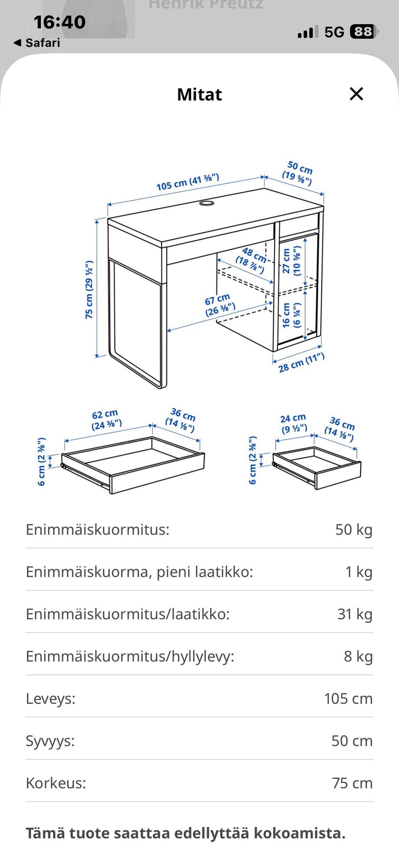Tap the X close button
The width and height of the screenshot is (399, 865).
click(x=357, y=94)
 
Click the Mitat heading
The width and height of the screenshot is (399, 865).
click(x=199, y=94)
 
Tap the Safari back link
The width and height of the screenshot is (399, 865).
click(x=37, y=43)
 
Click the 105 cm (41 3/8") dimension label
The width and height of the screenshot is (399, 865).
click(x=187, y=182)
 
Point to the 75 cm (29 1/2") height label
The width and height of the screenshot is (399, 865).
click(x=89, y=290)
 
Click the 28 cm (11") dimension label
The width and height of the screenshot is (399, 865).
click(x=301, y=362)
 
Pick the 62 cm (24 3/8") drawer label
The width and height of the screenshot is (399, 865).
click(x=106, y=420)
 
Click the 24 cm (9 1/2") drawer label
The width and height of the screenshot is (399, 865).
click(x=293, y=424)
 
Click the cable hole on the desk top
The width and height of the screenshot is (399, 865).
click(x=207, y=203)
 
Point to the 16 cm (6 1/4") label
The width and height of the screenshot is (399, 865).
click(x=292, y=315)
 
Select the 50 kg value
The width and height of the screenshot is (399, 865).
click(x=354, y=530)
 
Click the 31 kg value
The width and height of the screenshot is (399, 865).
click(x=355, y=614)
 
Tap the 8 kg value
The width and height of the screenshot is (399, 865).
click(x=358, y=656)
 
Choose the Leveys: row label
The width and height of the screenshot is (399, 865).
click(x=51, y=699)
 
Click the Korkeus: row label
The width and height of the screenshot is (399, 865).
click(x=56, y=783)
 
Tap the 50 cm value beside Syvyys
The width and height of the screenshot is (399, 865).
click(x=352, y=741)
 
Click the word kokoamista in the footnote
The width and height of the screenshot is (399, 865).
click(x=299, y=833)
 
